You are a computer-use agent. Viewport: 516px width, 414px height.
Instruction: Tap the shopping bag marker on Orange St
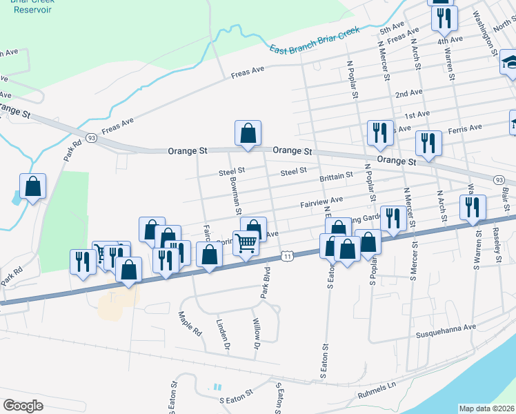(248, 133)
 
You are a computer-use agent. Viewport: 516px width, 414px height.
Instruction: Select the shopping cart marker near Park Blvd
(246, 243)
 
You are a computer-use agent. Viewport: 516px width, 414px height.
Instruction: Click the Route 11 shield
(287, 257)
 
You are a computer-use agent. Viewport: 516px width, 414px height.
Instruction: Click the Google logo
(23, 405)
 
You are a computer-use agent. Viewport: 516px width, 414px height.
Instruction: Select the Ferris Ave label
(465, 129)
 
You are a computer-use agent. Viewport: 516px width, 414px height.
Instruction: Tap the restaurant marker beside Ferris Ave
(428, 144)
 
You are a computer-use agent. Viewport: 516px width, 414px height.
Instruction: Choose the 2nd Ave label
(408, 92)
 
